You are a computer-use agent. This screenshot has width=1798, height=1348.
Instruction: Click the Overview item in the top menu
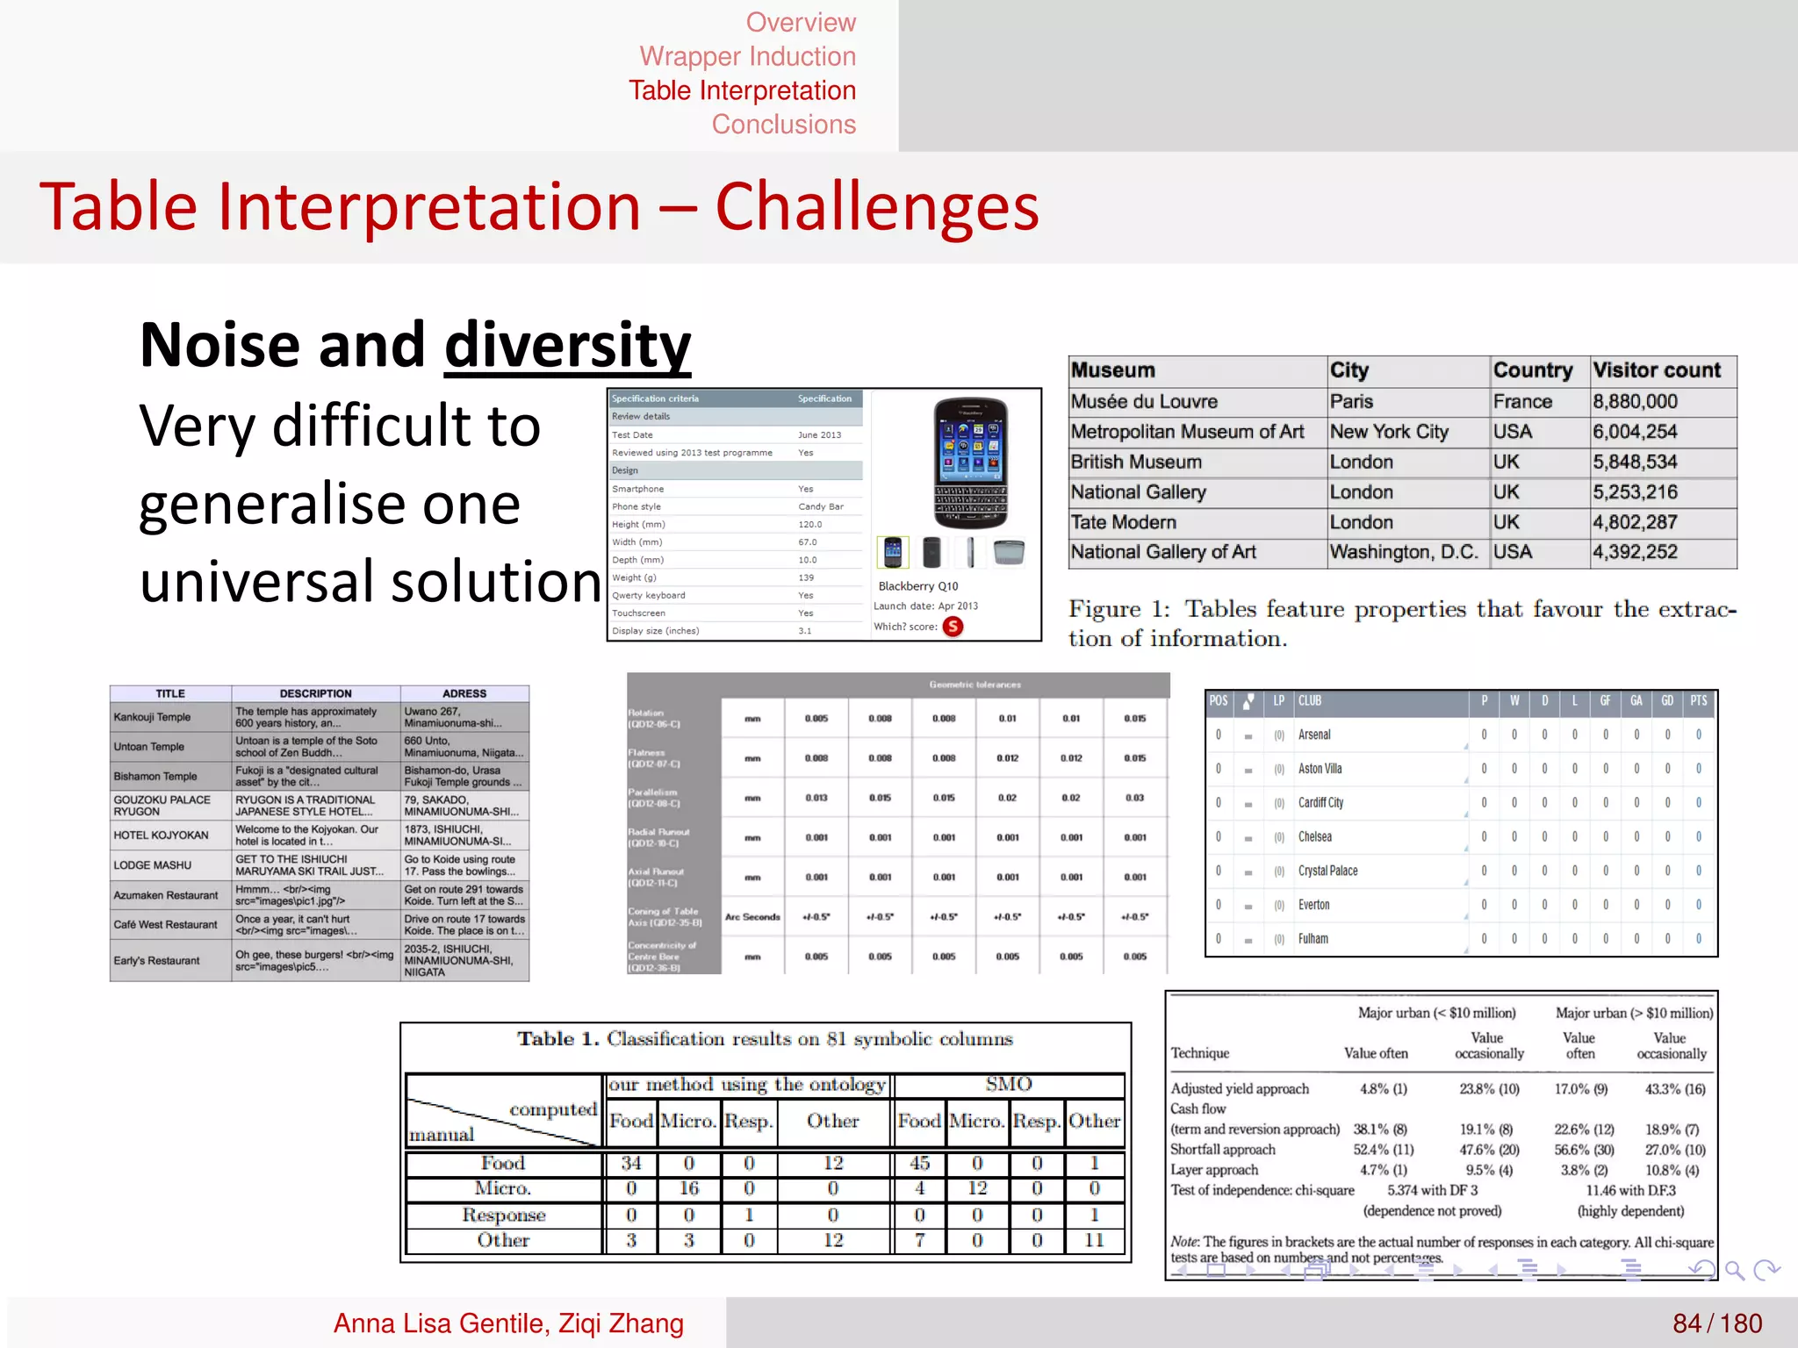click(800, 22)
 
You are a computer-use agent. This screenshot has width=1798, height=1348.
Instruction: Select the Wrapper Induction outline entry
click(747, 56)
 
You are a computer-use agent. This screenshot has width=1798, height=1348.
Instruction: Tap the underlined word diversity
click(567, 345)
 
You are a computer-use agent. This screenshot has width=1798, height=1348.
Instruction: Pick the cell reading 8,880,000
click(1635, 402)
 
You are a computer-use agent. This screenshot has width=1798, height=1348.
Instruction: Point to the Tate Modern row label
click(1123, 522)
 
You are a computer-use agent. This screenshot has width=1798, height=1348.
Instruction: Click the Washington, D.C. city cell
click(1403, 552)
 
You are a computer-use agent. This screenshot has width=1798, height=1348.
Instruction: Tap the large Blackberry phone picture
click(969, 462)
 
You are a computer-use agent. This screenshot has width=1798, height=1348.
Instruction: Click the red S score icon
click(953, 627)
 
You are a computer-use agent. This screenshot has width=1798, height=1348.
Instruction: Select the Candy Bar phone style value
click(820, 506)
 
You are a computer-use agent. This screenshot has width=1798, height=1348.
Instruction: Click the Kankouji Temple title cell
click(152, 717)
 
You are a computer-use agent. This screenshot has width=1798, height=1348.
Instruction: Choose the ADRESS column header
click(464, 693)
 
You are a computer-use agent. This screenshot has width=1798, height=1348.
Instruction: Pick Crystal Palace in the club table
click(1327, 871)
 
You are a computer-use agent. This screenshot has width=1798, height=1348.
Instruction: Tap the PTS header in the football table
click(1698, 700)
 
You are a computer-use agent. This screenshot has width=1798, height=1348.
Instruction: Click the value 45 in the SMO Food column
click(919, 1163)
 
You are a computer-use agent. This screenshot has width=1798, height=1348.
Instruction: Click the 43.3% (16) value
click(1674, 1089)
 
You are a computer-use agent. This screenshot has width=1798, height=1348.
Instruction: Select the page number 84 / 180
click(1716, 1323)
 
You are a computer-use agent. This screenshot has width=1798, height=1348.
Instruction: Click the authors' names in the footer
click(508, 1323)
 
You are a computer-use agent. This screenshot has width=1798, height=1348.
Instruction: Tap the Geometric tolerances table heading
click(975, 685)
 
